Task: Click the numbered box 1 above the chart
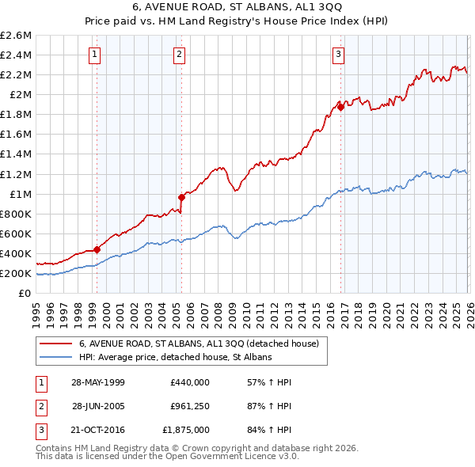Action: coord(95,55)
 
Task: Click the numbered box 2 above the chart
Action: coord(180,55)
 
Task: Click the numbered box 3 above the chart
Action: coord(338,55)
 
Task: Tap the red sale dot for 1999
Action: coord(97,249)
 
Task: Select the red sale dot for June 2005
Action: coord(181,197)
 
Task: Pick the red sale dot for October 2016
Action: coord(340,107)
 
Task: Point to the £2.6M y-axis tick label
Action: coord(16,36)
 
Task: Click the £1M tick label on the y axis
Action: coord(20,194)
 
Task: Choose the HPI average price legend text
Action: coord(175,358)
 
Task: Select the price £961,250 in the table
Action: coord(190,405)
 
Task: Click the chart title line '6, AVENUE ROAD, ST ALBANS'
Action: coord(237,7)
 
